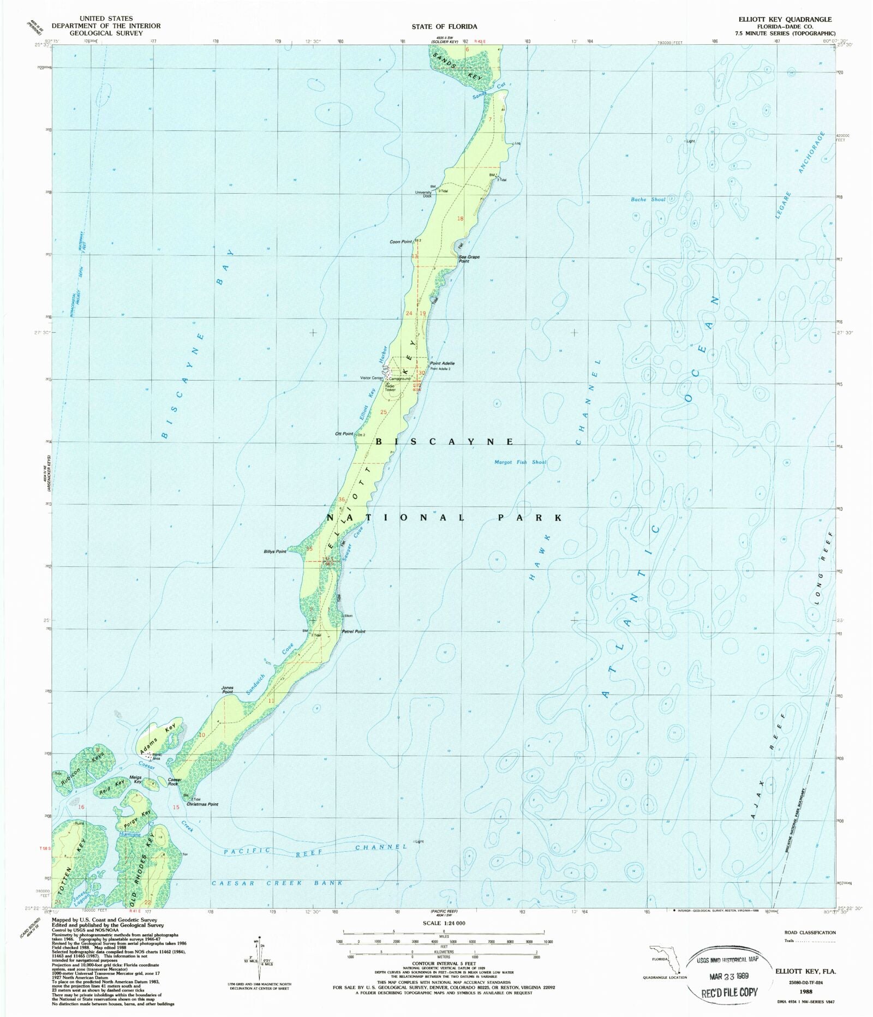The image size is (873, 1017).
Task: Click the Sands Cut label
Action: (488, 91)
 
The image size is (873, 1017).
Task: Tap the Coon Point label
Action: (401, 242)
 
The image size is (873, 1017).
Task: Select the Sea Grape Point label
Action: (469, 259)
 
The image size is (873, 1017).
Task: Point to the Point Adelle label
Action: (442, 363)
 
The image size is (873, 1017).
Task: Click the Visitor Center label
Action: (372, 378)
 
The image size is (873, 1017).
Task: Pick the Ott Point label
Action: (344, 434)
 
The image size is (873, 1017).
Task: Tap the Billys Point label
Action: (275, 552)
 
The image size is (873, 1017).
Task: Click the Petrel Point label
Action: (354, 631)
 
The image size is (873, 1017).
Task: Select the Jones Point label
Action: (227, 690)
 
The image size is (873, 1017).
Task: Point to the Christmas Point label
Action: (202, 804)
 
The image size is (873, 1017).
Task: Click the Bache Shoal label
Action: (648, 200)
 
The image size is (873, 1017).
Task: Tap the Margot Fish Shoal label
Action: (520, 462)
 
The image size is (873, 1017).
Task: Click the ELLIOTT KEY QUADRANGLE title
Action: (785, 19)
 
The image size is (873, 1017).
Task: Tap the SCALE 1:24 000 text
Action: (444, 923)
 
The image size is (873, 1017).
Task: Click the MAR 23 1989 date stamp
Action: (728, 976)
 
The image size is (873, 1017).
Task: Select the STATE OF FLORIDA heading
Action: (444, 26)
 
